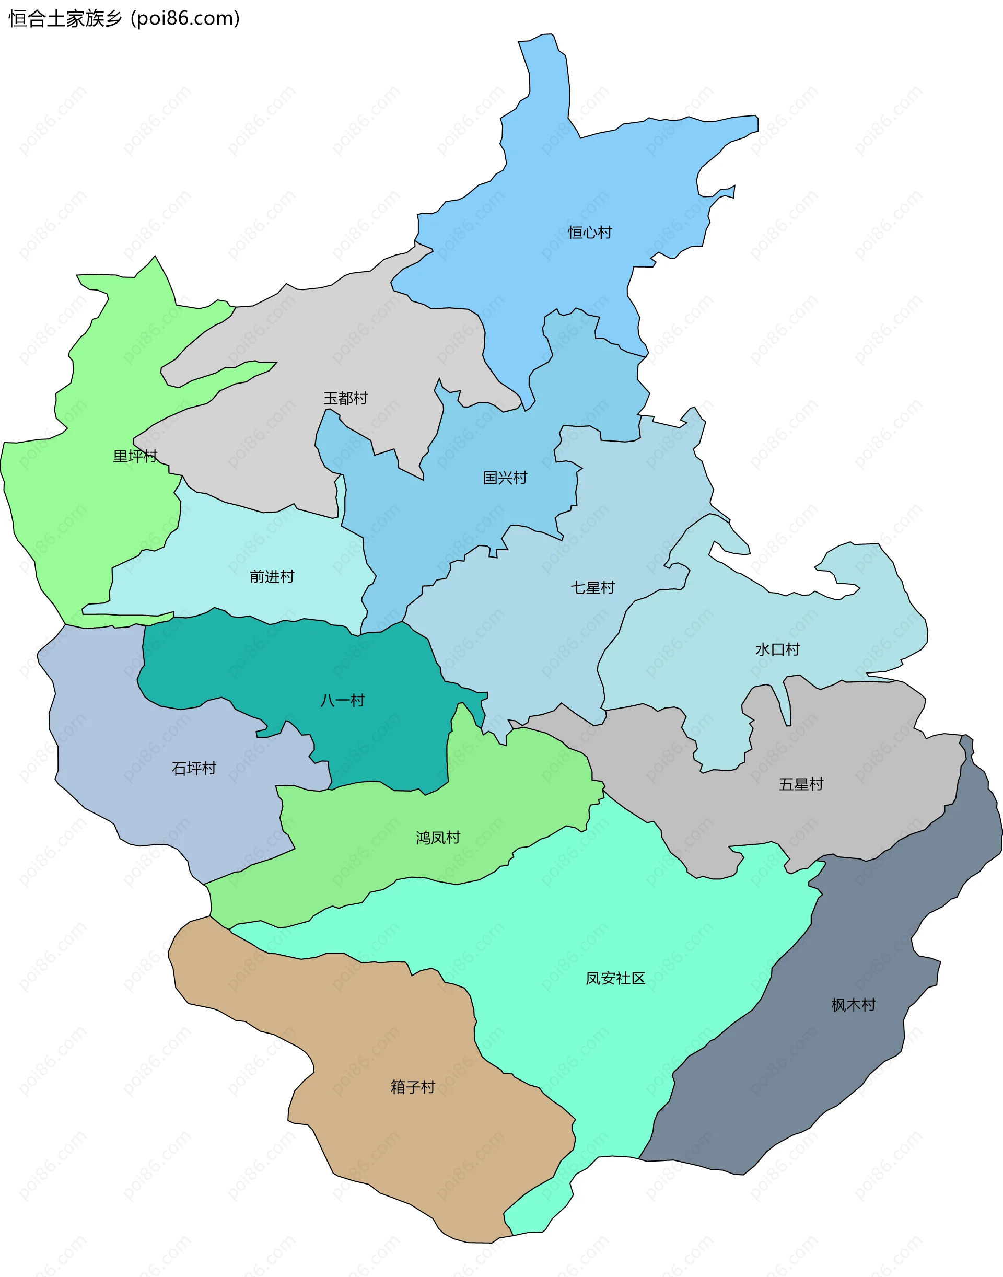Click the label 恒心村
click(x=590, y=233)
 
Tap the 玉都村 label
click(x=345, y=398)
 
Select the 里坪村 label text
click(x=135, y=456)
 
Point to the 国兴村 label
click(x=505, y=478)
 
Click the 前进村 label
click(x=272, y=576)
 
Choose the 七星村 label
click(x=592, y=587)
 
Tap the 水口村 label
click(x=777, y=649)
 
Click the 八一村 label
click(x=342, y=700)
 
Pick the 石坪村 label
click(x=194, y=768)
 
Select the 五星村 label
click(x=801, y=784)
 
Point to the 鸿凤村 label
click(x=438, y=838)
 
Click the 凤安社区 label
click(x=615, y=978)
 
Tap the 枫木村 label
click(x=853, y=1005)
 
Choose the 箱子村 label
click(x=413, y=1087)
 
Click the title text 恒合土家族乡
click(x=65, y=19)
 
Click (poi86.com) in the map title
click(x=185, y=19)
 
